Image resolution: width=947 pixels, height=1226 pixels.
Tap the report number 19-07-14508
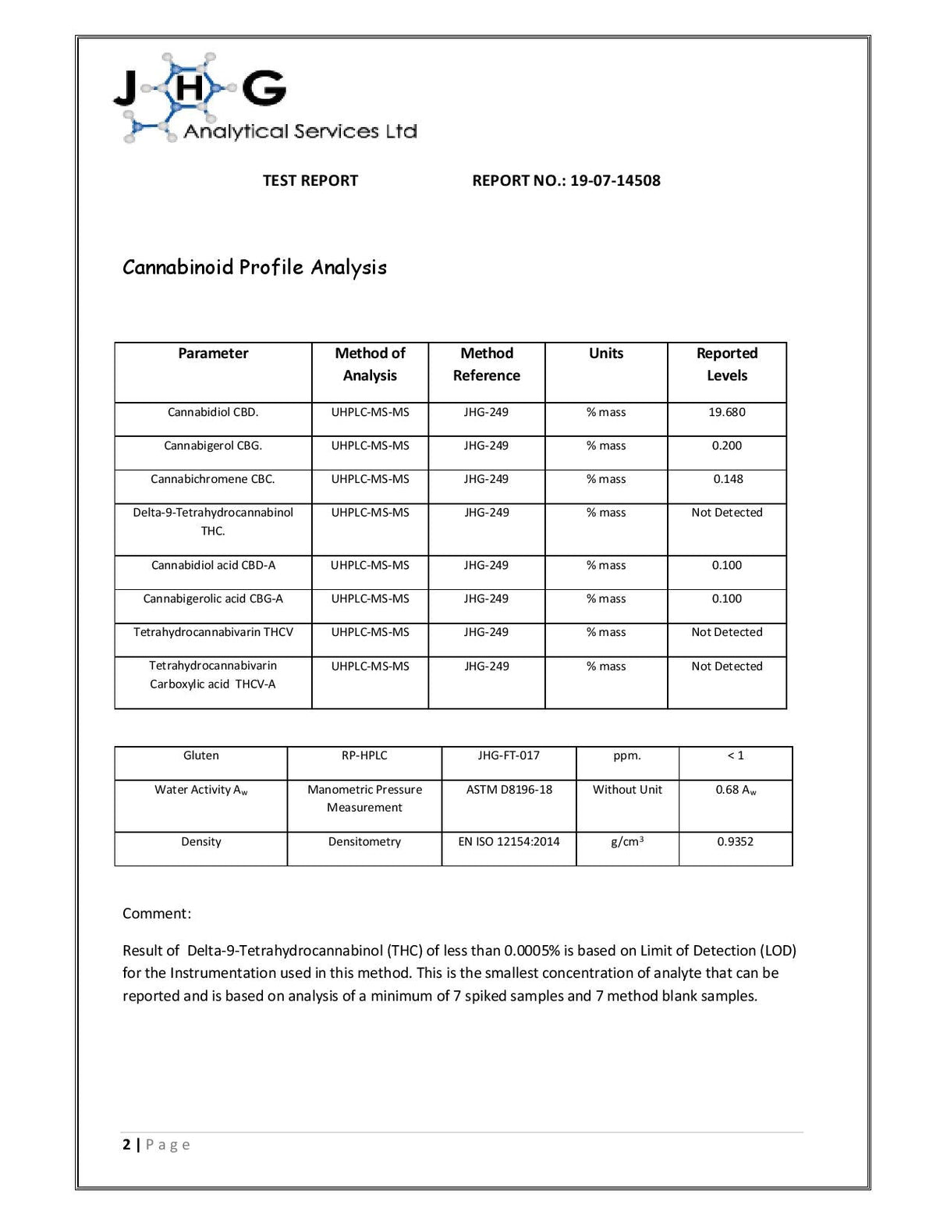pyautogui.click(x=615, y=180)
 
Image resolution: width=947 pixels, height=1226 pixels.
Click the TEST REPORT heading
pyautogui.click(x=310, y=180)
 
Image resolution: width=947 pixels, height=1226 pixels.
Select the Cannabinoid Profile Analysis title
pyautogui.click(x=254, y=268)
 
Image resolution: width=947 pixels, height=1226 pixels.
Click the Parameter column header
pyautogui.click(x=213, y=354)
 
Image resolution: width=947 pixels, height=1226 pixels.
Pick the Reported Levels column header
pyautogui.click(x=726, y=364)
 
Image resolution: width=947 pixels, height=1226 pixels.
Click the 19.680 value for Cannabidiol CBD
pyautogui.click(x=726, y=412)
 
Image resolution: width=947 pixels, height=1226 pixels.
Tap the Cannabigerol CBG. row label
pyautogui.click(x=213, y=446)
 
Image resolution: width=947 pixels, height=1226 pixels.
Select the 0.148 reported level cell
pyautogui.click(x=728, y=479)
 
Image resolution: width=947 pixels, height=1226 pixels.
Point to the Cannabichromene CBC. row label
pyautogui.click(x=213, y=479)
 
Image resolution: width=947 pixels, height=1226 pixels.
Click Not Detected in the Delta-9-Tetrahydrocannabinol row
pyautogui.click(x=726, y=513)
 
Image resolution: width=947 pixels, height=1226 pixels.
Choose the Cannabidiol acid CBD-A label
pyautogui.click(x=213, y=565)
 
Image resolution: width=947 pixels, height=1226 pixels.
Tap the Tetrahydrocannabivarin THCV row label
pyautogui.click(x=213, y=632)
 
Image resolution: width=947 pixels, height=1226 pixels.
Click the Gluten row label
pyautogui.click(x=200, y=755)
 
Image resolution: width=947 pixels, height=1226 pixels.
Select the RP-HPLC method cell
pyautogui.click(x=364, y=755)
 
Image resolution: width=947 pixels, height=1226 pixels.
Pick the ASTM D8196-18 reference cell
pyautogui.click(x=509, y=790)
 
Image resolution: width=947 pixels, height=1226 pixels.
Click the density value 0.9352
pyautogui.click(x=735, y=841)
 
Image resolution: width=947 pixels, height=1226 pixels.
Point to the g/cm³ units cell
pyautogui.click(x=627, y=841)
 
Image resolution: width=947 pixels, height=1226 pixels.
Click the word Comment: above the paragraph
pyautogui.click(x=157, y=914)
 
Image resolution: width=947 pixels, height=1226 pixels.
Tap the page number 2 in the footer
pyautogui.click(x=126, y=1145)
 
